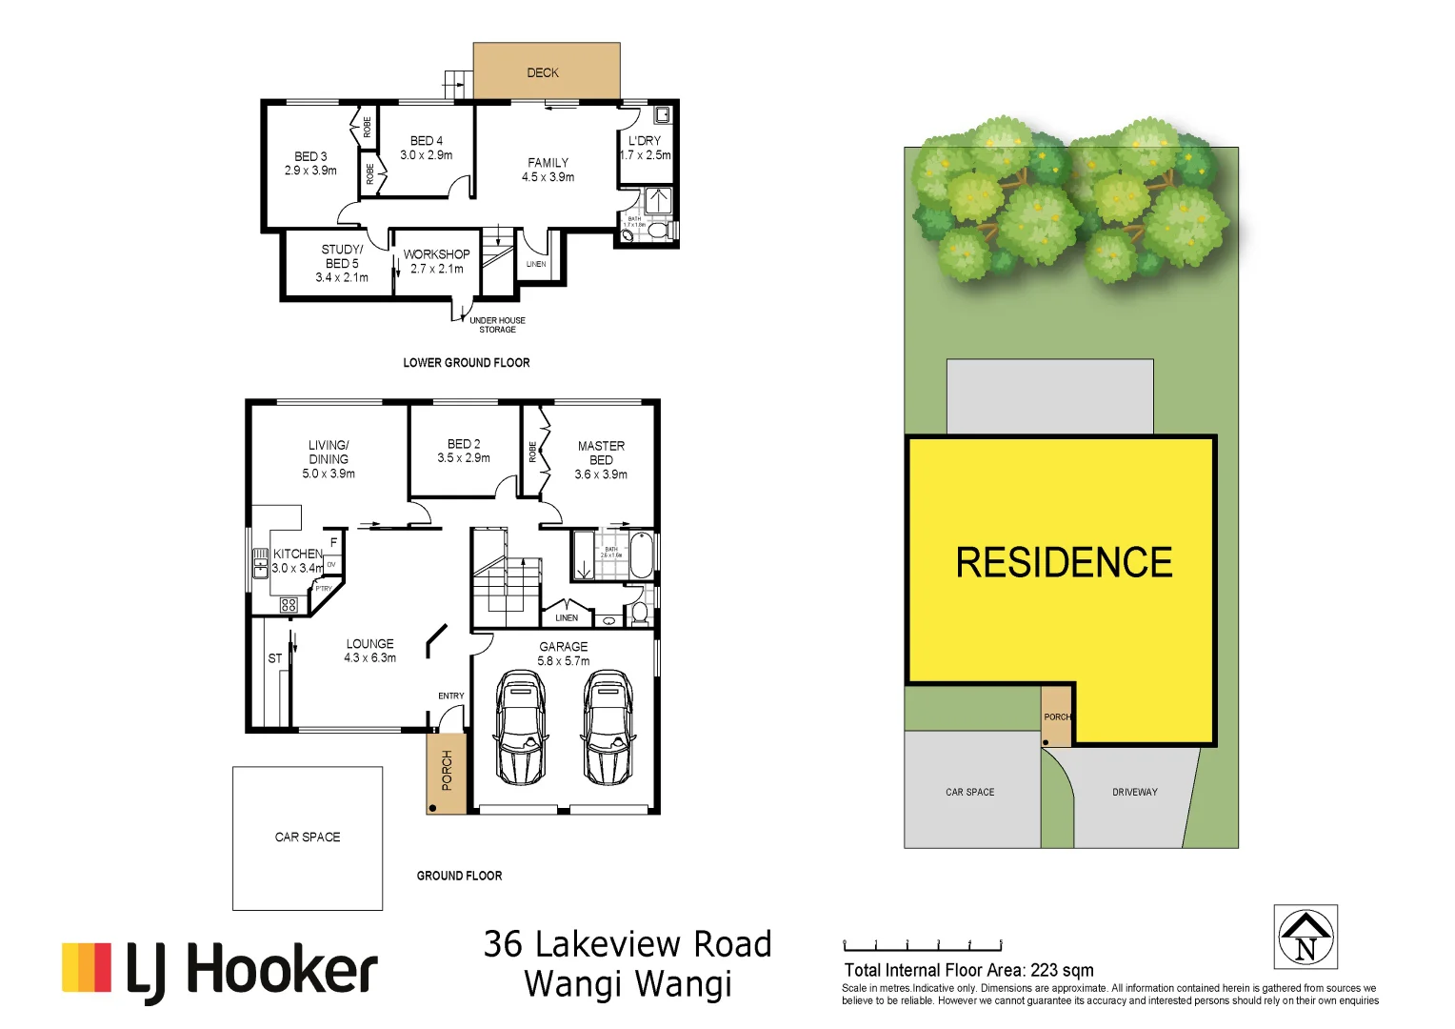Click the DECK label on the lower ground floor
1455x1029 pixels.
543,72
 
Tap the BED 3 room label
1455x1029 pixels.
310,163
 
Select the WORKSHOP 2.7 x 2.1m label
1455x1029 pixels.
436,261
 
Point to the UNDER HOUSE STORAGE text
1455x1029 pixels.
497,325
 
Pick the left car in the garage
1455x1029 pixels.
520,727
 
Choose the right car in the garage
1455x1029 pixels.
608,727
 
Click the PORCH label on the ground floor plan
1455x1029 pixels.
447,770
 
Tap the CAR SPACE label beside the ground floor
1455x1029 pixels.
308,837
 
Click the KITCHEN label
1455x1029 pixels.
298,554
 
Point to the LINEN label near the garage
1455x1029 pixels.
567,617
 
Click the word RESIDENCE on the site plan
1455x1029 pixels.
1064,562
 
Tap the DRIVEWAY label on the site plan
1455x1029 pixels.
1135,792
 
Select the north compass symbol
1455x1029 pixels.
1306,937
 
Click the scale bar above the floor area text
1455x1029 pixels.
923,946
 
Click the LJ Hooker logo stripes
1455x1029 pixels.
87,967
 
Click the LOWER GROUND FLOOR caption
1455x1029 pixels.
466,362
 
